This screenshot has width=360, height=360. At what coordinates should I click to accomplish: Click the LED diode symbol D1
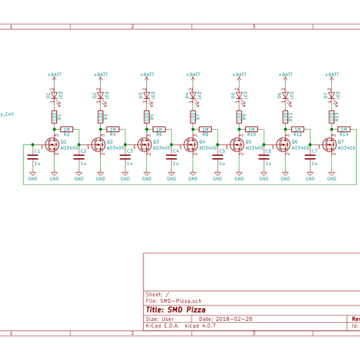54,95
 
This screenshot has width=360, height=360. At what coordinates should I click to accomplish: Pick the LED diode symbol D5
239,95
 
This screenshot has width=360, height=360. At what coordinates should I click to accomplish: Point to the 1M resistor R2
66,129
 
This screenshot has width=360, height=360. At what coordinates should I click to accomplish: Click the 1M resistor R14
343,129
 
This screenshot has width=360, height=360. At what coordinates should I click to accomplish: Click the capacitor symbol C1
32,157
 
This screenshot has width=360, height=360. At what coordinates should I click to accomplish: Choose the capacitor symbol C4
171,157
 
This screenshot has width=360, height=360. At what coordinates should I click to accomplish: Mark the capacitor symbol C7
310,157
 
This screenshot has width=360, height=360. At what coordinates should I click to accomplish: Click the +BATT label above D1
54,75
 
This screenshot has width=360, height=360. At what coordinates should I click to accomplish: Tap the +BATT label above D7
332,75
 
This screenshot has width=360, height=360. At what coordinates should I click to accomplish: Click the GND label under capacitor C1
32,178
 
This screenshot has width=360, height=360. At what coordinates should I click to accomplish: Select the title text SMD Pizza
180,310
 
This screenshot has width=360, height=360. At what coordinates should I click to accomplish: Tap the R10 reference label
251,134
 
